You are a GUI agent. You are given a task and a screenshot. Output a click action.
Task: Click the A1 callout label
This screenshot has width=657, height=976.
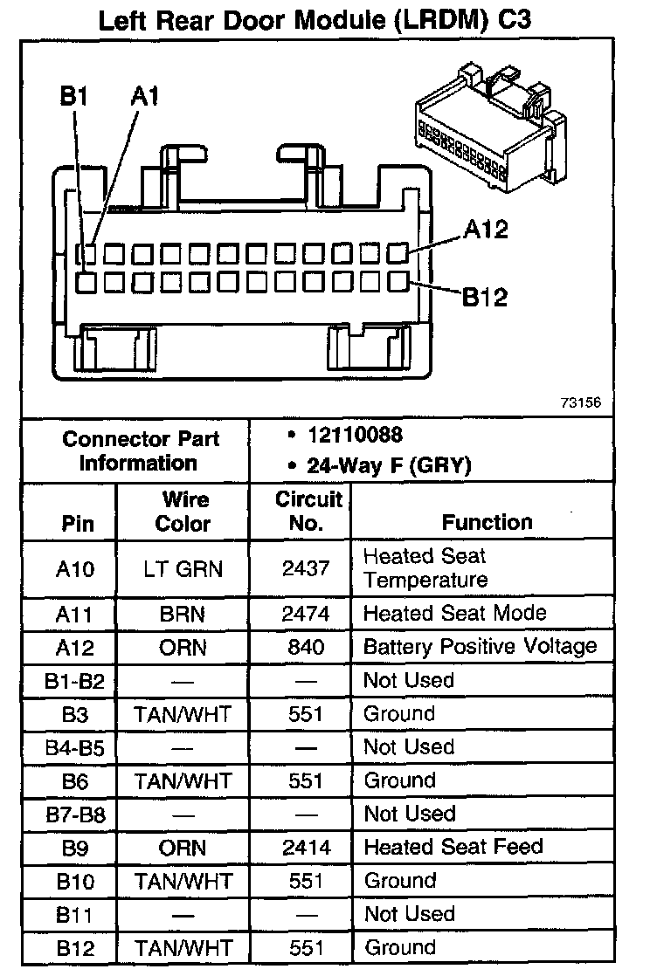(145, 96)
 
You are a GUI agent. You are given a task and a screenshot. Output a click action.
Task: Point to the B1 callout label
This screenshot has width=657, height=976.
(74, 96)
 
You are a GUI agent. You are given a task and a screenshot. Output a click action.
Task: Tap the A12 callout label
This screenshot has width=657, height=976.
(486, 230)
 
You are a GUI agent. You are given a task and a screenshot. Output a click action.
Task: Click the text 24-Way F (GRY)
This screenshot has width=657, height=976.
(389, 465)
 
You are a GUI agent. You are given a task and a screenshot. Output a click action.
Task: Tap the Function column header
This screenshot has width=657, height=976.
(487, 522)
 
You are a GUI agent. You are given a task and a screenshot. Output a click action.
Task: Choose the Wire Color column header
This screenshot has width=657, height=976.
(183, 511)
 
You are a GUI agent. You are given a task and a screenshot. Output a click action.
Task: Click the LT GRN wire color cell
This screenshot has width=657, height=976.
(183, 569)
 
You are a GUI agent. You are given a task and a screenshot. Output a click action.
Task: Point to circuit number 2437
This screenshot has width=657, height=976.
(306, 569)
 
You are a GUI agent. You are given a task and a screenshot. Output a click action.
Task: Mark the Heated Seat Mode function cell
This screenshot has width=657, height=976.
(454, 613)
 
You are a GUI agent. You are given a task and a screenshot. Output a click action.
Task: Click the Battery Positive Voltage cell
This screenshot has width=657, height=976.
(480, 646)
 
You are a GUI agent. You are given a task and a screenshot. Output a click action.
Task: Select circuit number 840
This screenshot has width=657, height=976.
(306, 647)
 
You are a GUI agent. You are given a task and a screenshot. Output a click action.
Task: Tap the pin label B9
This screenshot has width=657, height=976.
(73, 848)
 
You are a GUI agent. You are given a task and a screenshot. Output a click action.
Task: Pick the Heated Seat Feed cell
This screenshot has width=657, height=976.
(453, 846)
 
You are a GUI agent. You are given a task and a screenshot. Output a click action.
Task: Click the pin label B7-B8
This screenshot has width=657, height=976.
(73, 814)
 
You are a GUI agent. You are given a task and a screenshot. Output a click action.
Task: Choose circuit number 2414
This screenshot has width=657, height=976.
(306, 847)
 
